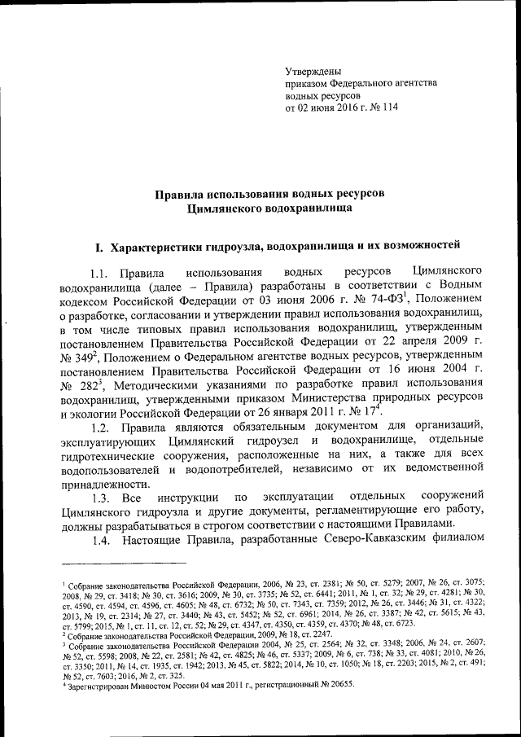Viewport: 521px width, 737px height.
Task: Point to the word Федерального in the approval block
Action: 366,84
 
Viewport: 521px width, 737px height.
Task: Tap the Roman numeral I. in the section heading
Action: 99,245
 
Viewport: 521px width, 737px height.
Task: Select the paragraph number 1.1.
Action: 101,270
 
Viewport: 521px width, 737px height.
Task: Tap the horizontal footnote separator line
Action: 122,563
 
